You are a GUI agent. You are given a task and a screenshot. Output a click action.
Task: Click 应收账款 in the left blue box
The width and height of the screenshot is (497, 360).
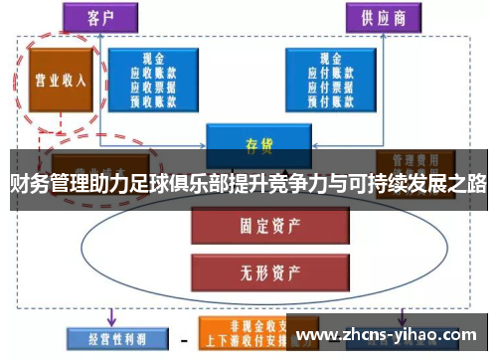(153, 72)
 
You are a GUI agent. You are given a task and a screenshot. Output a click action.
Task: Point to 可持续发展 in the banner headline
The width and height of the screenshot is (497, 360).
(398, 184)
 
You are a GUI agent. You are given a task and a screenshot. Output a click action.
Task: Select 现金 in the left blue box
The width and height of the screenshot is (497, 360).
(153, 59)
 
